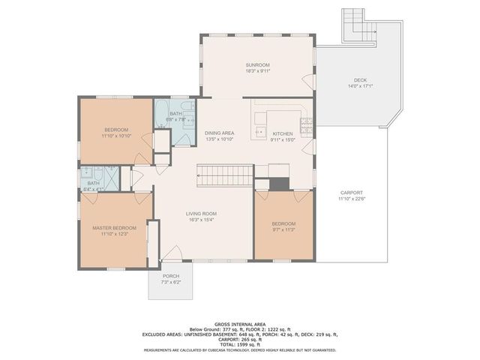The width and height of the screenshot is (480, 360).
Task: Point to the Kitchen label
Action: pyautogui.click(x=282, y=133)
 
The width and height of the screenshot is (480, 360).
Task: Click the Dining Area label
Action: pyautogui.click(x=219, y=133)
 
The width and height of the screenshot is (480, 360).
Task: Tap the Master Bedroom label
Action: pyautogui.click(x=114, y=227)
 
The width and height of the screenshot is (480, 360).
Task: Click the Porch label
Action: pyautogui.click(x=171, y=276)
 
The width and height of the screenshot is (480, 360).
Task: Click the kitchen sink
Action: pyautogui.click(x=260, y=131)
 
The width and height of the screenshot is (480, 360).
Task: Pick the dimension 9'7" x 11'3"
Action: pyautogui.click(x=283, y=230)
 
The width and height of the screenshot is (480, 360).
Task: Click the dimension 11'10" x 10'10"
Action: pyautogui.click(x=115, y=136)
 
